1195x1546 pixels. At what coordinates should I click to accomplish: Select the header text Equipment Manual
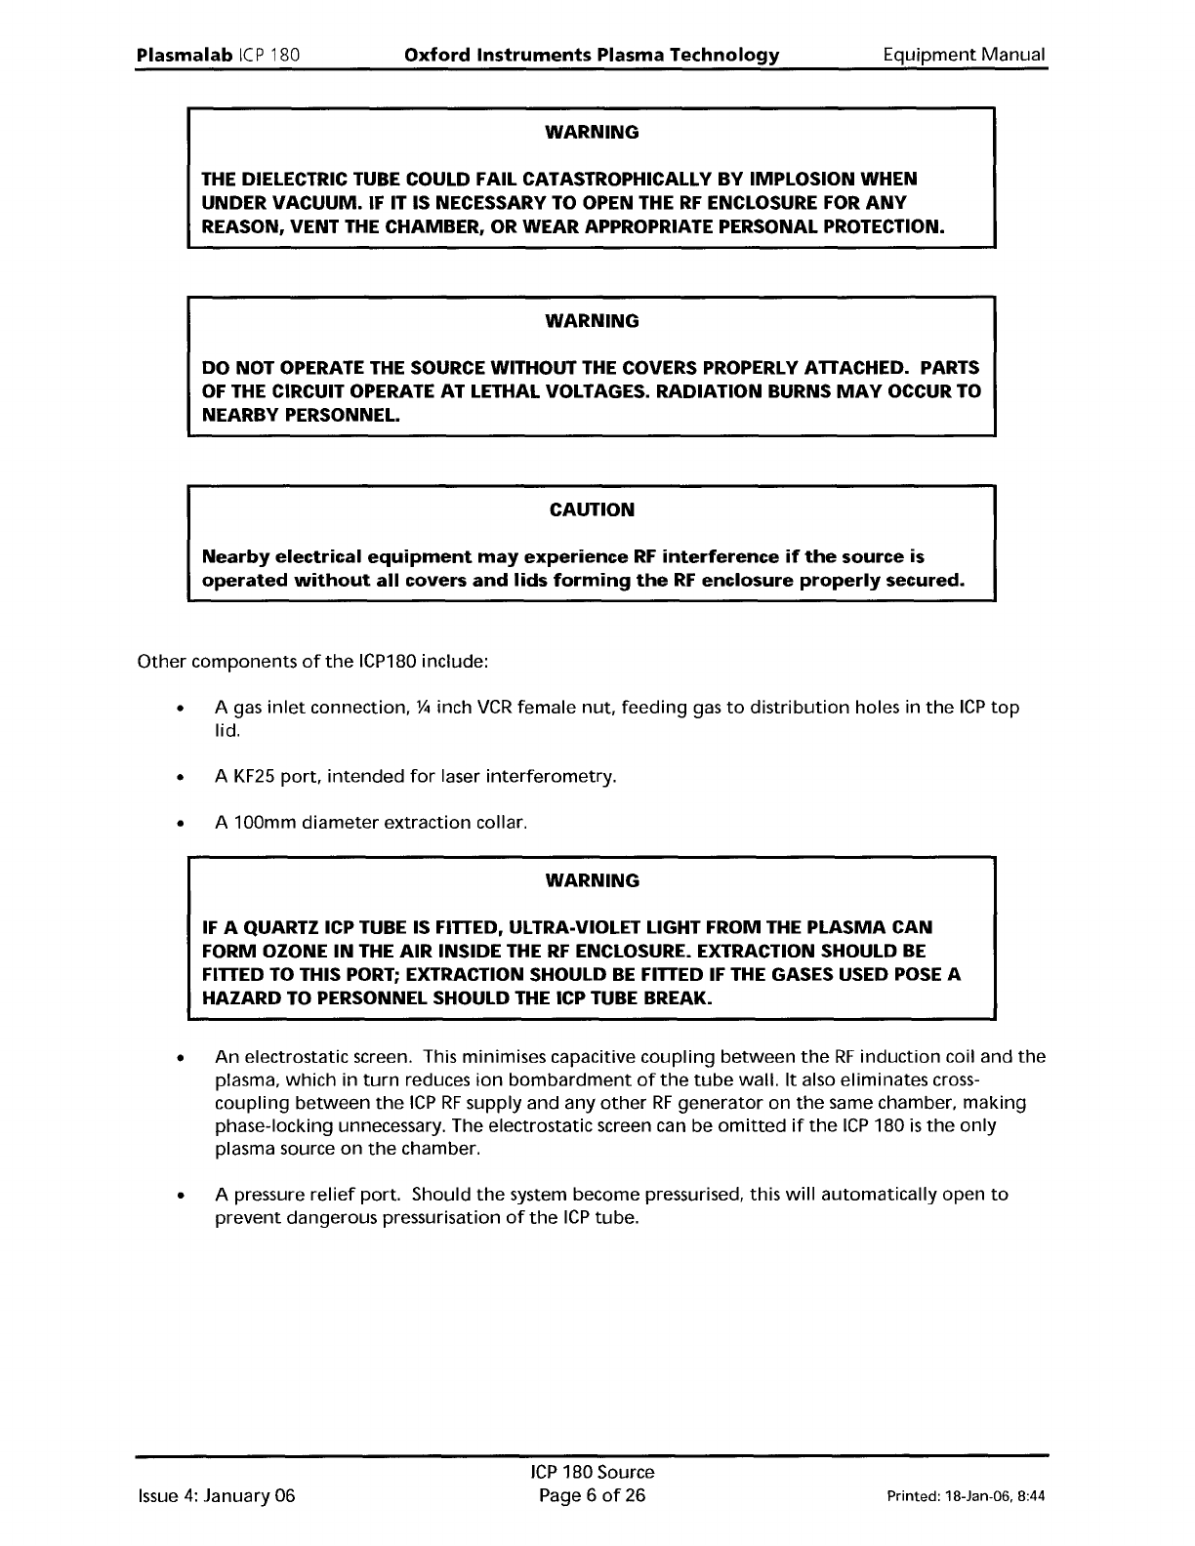[963, 55]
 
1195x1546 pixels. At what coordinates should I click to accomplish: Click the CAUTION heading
[592, 509]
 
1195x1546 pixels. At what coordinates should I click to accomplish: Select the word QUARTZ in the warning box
[269, 927]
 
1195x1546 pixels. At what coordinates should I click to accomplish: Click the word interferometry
[556, 777]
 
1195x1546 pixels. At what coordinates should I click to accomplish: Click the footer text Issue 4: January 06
[215, 1496]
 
